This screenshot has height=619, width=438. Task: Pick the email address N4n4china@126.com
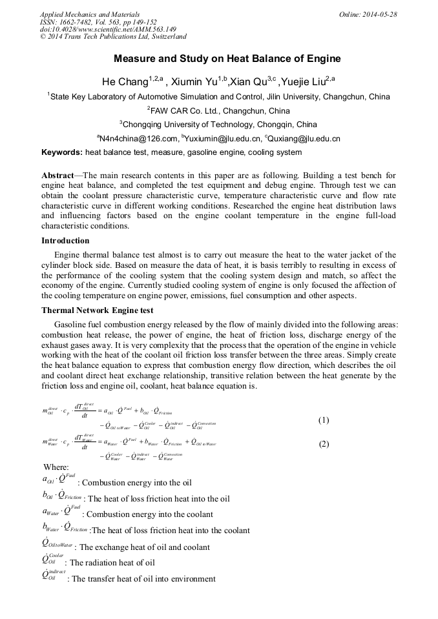click(x=138, y=139)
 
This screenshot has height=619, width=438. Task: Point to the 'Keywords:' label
click(x=62, y=153)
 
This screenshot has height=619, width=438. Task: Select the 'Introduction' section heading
click(x=65, y=241)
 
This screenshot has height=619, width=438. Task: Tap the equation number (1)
click(x=324, y=420)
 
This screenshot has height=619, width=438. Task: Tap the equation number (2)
click(x=324, y=444)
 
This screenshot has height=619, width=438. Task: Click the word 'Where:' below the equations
click(x=56, y=467)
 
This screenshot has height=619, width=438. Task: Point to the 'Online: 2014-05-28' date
click(x=368, y=14)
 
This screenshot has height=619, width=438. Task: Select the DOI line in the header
click(x=108, y=30)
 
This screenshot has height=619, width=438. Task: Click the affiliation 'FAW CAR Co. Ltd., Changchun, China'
click(x=218, y=110)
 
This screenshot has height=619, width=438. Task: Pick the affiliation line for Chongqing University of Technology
click(x=218, y=125)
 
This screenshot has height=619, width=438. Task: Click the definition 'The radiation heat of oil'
click(x=112, y=563)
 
